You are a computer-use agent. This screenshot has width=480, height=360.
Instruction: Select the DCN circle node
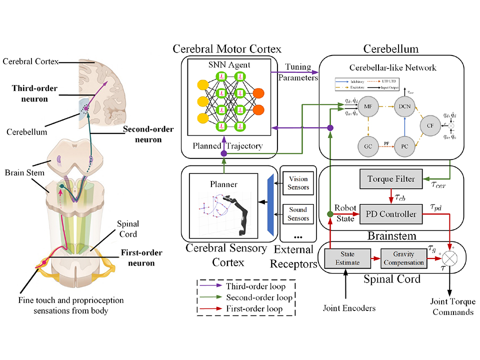pos(403,106)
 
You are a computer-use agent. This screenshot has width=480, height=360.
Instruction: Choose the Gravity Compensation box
pos(403,258)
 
